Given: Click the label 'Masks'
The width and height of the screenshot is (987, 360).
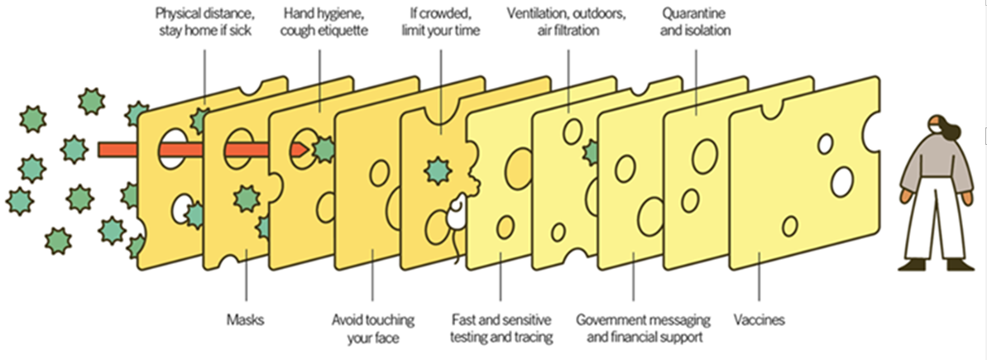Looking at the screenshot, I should pos(246,319).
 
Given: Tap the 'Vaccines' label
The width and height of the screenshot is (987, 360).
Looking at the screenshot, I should pos(759,319).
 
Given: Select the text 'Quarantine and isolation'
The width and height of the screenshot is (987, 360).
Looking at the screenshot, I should pos(696,22).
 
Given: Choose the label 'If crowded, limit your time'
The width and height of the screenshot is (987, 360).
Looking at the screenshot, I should pos(440,22).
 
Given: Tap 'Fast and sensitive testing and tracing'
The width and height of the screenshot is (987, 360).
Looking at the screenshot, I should pos(501,328).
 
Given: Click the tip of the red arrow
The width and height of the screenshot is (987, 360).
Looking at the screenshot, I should pos(309,150).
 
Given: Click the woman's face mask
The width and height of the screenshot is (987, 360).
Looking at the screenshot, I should pos(932,126).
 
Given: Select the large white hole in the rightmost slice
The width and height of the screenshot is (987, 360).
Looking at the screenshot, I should pos(842,180).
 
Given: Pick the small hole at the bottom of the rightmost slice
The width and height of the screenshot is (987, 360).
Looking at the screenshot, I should pos(791,225).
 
